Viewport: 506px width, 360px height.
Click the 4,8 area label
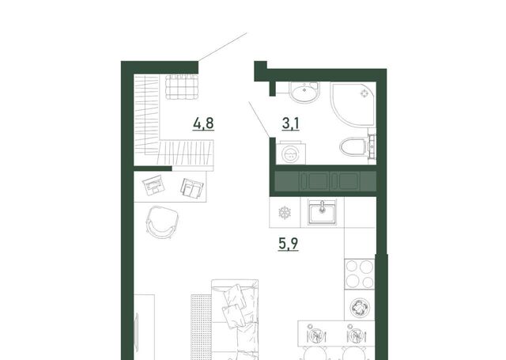pos(203,123)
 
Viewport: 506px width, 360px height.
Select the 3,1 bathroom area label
pos(291,123)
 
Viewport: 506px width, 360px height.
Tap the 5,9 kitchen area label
pos(288,244)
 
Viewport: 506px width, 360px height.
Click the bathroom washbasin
pos(304,92)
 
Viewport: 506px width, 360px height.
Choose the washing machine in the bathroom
pos(291,153)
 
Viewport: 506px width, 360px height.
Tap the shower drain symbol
pos(364,93)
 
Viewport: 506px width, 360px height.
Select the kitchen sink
pos(322,212)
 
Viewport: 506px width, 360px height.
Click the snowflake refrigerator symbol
pos(285,213)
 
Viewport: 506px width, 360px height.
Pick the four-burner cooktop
pos(359,274)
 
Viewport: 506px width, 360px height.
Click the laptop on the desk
pos(153,185)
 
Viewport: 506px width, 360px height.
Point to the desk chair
pos(162,222)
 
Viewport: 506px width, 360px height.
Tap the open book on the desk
pos(192,188)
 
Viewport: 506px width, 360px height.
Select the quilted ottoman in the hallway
pos(181,86)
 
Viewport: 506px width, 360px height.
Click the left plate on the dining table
pos(315,335)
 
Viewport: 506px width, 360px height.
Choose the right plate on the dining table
pos(355,335)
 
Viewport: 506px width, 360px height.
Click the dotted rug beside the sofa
pos(201,327)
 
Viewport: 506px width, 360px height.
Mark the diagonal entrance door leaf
pos(222,47)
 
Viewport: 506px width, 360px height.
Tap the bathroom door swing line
pos(259,119)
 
